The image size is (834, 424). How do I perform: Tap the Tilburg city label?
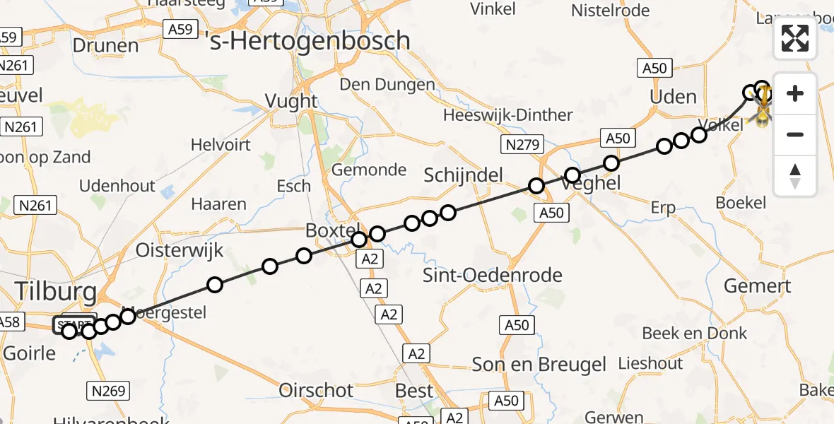tap(55, 291)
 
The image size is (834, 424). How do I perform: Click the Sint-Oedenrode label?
tap(493, 275)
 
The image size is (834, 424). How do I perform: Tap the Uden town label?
tap(673, 97)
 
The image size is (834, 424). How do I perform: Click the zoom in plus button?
tap(795, 93)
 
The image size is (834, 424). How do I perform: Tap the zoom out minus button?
tap(795, 134)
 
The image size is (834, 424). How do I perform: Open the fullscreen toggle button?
tap(795, 38)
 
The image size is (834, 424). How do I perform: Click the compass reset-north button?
tap(795, 175)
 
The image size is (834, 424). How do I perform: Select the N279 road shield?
tap(523, 146)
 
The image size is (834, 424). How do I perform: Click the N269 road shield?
tap(108, 390)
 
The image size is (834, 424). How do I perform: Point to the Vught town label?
tap(291, 101)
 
